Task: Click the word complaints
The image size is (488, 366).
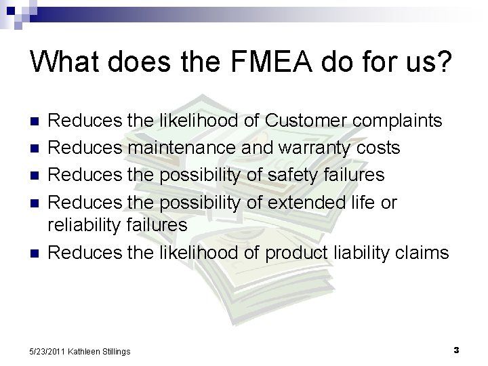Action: (393, 121)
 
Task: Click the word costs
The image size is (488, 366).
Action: (375, 148)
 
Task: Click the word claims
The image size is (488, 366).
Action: (424, 253)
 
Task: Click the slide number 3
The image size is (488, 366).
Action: (456, 350)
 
